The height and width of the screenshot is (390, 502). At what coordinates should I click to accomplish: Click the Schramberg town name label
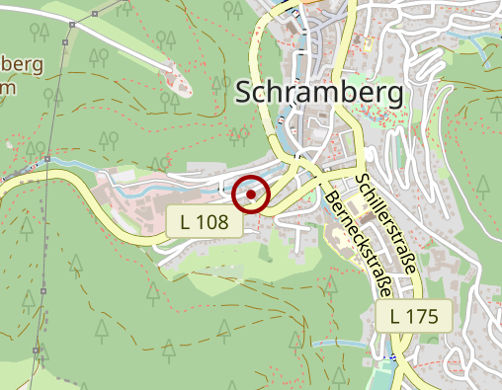coord(321,93)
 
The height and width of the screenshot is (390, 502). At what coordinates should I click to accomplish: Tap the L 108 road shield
coord(205,222)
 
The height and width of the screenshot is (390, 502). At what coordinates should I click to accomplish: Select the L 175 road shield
coord(414,317)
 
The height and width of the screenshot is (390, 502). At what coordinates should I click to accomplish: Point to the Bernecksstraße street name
coord(359,246)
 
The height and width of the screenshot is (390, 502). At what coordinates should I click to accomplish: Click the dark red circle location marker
coord(251,195)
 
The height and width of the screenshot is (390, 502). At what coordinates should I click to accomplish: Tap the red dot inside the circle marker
coord(251,195)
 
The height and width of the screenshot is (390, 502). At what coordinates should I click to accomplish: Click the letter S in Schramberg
coord(247,93)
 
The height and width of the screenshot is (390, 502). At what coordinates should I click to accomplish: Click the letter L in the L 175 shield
coord(396,317)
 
